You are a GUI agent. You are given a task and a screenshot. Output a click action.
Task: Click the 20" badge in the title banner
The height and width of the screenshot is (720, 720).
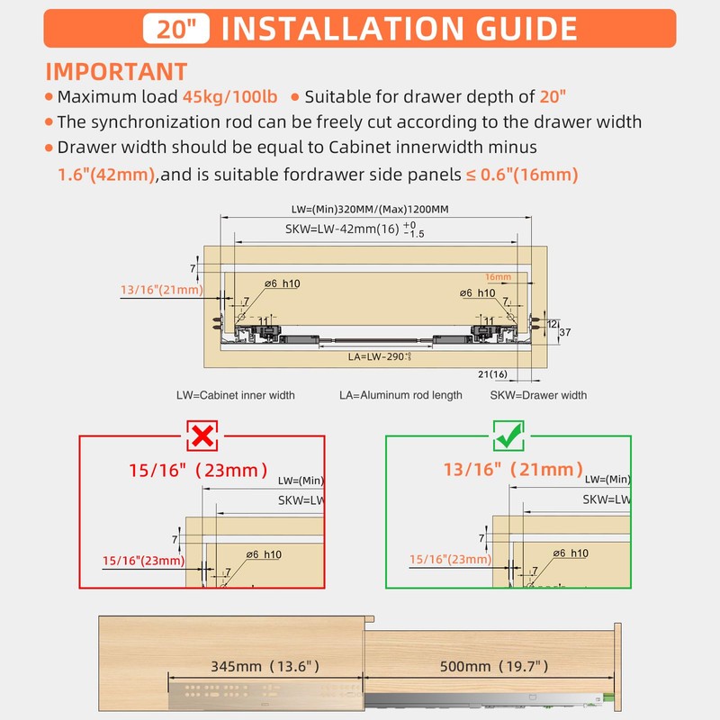(x=175, y=29)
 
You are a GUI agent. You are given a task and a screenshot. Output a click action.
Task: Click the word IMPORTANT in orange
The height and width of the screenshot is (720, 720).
(x=116, y=72)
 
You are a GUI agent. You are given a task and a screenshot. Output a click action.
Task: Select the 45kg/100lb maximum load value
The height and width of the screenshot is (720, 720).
(x=229, y=97)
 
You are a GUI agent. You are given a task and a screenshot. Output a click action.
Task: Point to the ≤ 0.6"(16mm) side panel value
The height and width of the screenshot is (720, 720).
(x=521, y=175)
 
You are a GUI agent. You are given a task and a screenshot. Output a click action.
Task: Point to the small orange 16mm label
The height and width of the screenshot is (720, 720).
(x=498, y=277)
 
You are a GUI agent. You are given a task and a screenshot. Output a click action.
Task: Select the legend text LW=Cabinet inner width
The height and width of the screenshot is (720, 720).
(x=236, y=395)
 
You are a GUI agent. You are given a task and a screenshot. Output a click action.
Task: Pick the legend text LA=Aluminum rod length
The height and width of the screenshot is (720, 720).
(x=400, y=395)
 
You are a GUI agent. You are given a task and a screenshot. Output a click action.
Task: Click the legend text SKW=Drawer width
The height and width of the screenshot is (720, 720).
(x=538, y=395)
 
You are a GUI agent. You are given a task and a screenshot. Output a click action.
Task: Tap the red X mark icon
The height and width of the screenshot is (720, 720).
(x=202, y=436)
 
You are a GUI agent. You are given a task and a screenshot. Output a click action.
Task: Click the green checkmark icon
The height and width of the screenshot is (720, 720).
(x=508, y=436)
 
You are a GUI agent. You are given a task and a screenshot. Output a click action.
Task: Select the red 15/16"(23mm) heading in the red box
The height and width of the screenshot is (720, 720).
(x=198, y=470)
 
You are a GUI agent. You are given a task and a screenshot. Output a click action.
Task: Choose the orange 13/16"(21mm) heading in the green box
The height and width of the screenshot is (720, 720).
(x=513, y=470)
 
